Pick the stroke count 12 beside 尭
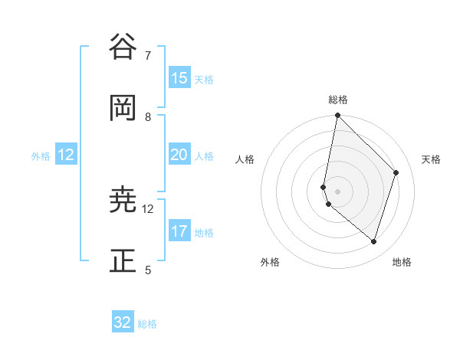click(x=148, y=208)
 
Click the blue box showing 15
click(x=179, y=78)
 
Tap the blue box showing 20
click(x=179, y=155)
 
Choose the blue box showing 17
click(x=179, y=231)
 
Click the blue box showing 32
click(x=123, y=322)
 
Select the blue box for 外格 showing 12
click(x=66, y=155)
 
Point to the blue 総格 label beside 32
click(x=147, y=324)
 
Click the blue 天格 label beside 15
click(x=204, y=79)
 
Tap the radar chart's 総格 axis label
click(x=338, y=100)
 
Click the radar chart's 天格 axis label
click(x=431, y=159)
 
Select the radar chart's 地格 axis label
click(x=402, y=262)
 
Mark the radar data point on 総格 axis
click(x=337, y=115)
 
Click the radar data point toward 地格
click(x=374, y=242)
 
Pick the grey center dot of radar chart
click(x=337, y=191)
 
